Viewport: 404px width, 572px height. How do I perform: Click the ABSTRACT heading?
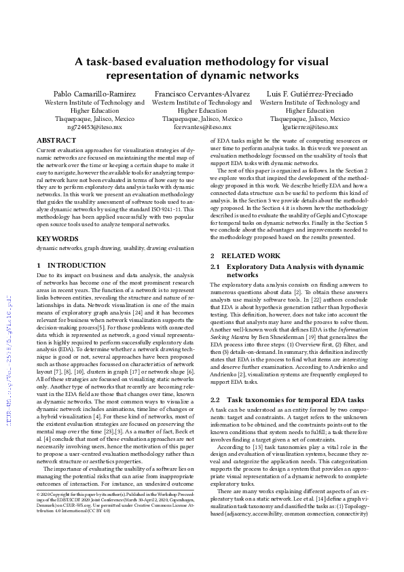click(x=56, y=140)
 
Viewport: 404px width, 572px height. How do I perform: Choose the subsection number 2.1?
click(x=217, y=267)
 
